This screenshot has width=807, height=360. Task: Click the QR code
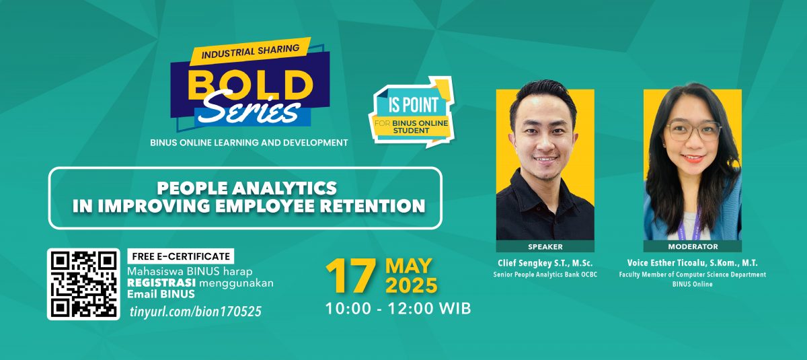[x=83, y=285]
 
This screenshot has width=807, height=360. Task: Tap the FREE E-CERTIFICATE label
[x=181, y=256]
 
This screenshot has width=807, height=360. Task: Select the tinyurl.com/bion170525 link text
[x=196, y=312]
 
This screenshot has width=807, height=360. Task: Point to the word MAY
[x=409, y=266]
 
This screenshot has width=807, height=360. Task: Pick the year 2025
[x=412, y=285]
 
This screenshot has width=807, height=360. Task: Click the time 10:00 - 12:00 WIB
[x=398, y=309]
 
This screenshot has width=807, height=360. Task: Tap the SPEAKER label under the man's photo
[x=545, y=247]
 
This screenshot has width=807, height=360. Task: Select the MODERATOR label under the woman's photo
[x=693, y=247]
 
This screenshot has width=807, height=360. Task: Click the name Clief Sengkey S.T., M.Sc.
[x=545, y=262]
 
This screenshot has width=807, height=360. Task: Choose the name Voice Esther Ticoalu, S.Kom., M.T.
[x=693, y=262]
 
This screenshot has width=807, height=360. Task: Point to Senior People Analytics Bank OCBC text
[x=545, y=275]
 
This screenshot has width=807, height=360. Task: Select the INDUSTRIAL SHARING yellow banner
[x=250, y=52]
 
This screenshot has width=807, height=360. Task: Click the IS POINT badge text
[x=412, y=105]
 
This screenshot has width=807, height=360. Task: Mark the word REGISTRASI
[x=161, y=283]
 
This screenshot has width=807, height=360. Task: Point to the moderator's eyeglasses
[x=694, y=131]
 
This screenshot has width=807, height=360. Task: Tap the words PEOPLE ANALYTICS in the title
[x=247, y=188]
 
